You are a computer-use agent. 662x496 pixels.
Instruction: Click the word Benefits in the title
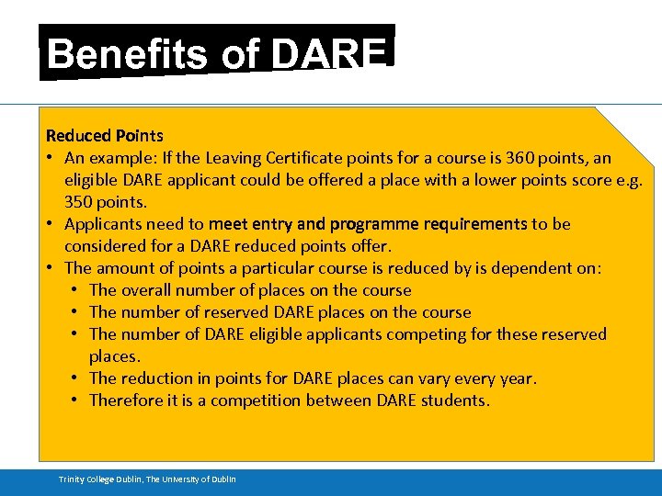(126, 54)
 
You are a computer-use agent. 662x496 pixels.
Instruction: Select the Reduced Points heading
(105, 136)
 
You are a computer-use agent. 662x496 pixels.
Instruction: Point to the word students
(456, 400)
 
